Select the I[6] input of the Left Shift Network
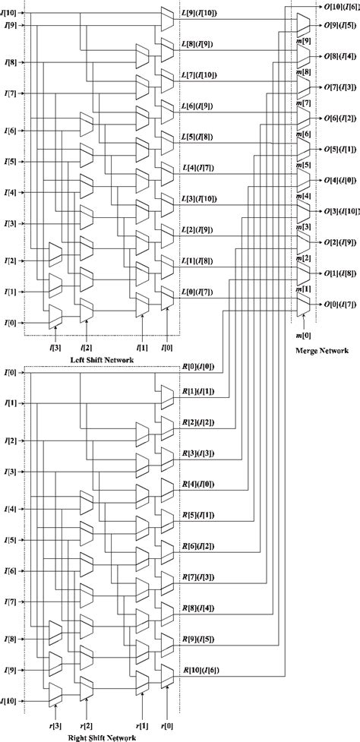[x=11, y=131]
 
